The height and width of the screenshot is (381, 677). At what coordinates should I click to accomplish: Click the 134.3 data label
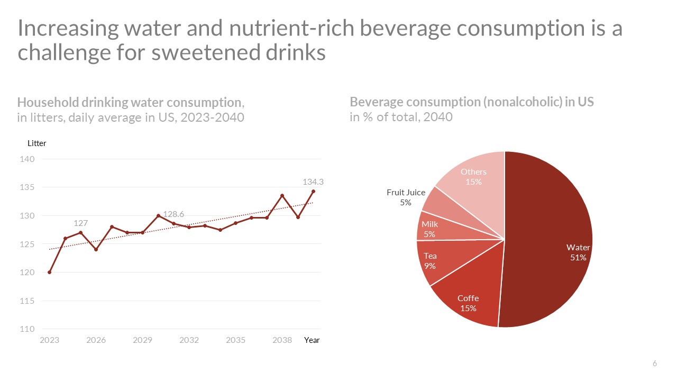click(313, 182)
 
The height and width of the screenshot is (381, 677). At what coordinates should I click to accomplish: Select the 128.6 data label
click(173, 214)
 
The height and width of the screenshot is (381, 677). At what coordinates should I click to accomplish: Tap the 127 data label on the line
click(81, 223)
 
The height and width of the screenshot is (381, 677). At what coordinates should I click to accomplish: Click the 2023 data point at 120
click(50, 273)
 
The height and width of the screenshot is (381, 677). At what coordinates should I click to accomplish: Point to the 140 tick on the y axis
click(27, 159)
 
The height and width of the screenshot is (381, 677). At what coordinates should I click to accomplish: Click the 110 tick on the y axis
click(27, 329)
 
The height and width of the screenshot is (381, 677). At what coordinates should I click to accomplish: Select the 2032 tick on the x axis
click(189, 340)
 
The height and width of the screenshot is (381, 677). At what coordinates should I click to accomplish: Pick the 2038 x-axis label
click(282, 340)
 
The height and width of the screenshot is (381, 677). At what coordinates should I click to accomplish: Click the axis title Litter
click(37, 143)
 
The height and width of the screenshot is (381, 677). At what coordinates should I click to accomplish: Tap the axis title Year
click(312, 340)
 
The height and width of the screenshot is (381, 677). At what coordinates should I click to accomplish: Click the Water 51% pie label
click(578, 252)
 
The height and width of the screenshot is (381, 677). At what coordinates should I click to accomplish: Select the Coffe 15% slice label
click(468, 303)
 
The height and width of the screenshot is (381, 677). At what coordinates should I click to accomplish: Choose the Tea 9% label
click(430, 261)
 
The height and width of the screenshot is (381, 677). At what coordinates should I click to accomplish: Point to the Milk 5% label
click(429, 229)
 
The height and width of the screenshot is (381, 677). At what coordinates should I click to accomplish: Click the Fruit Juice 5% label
click(406, 197)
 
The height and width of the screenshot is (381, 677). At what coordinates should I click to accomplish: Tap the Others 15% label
click(473, 177)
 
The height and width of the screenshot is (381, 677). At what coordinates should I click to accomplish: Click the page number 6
click(655, 364)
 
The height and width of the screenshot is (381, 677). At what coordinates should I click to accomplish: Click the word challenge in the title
click(63, 52)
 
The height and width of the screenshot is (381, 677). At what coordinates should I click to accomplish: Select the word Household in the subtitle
click(48, 103)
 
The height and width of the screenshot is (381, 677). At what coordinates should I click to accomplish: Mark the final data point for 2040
click(314, 192)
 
